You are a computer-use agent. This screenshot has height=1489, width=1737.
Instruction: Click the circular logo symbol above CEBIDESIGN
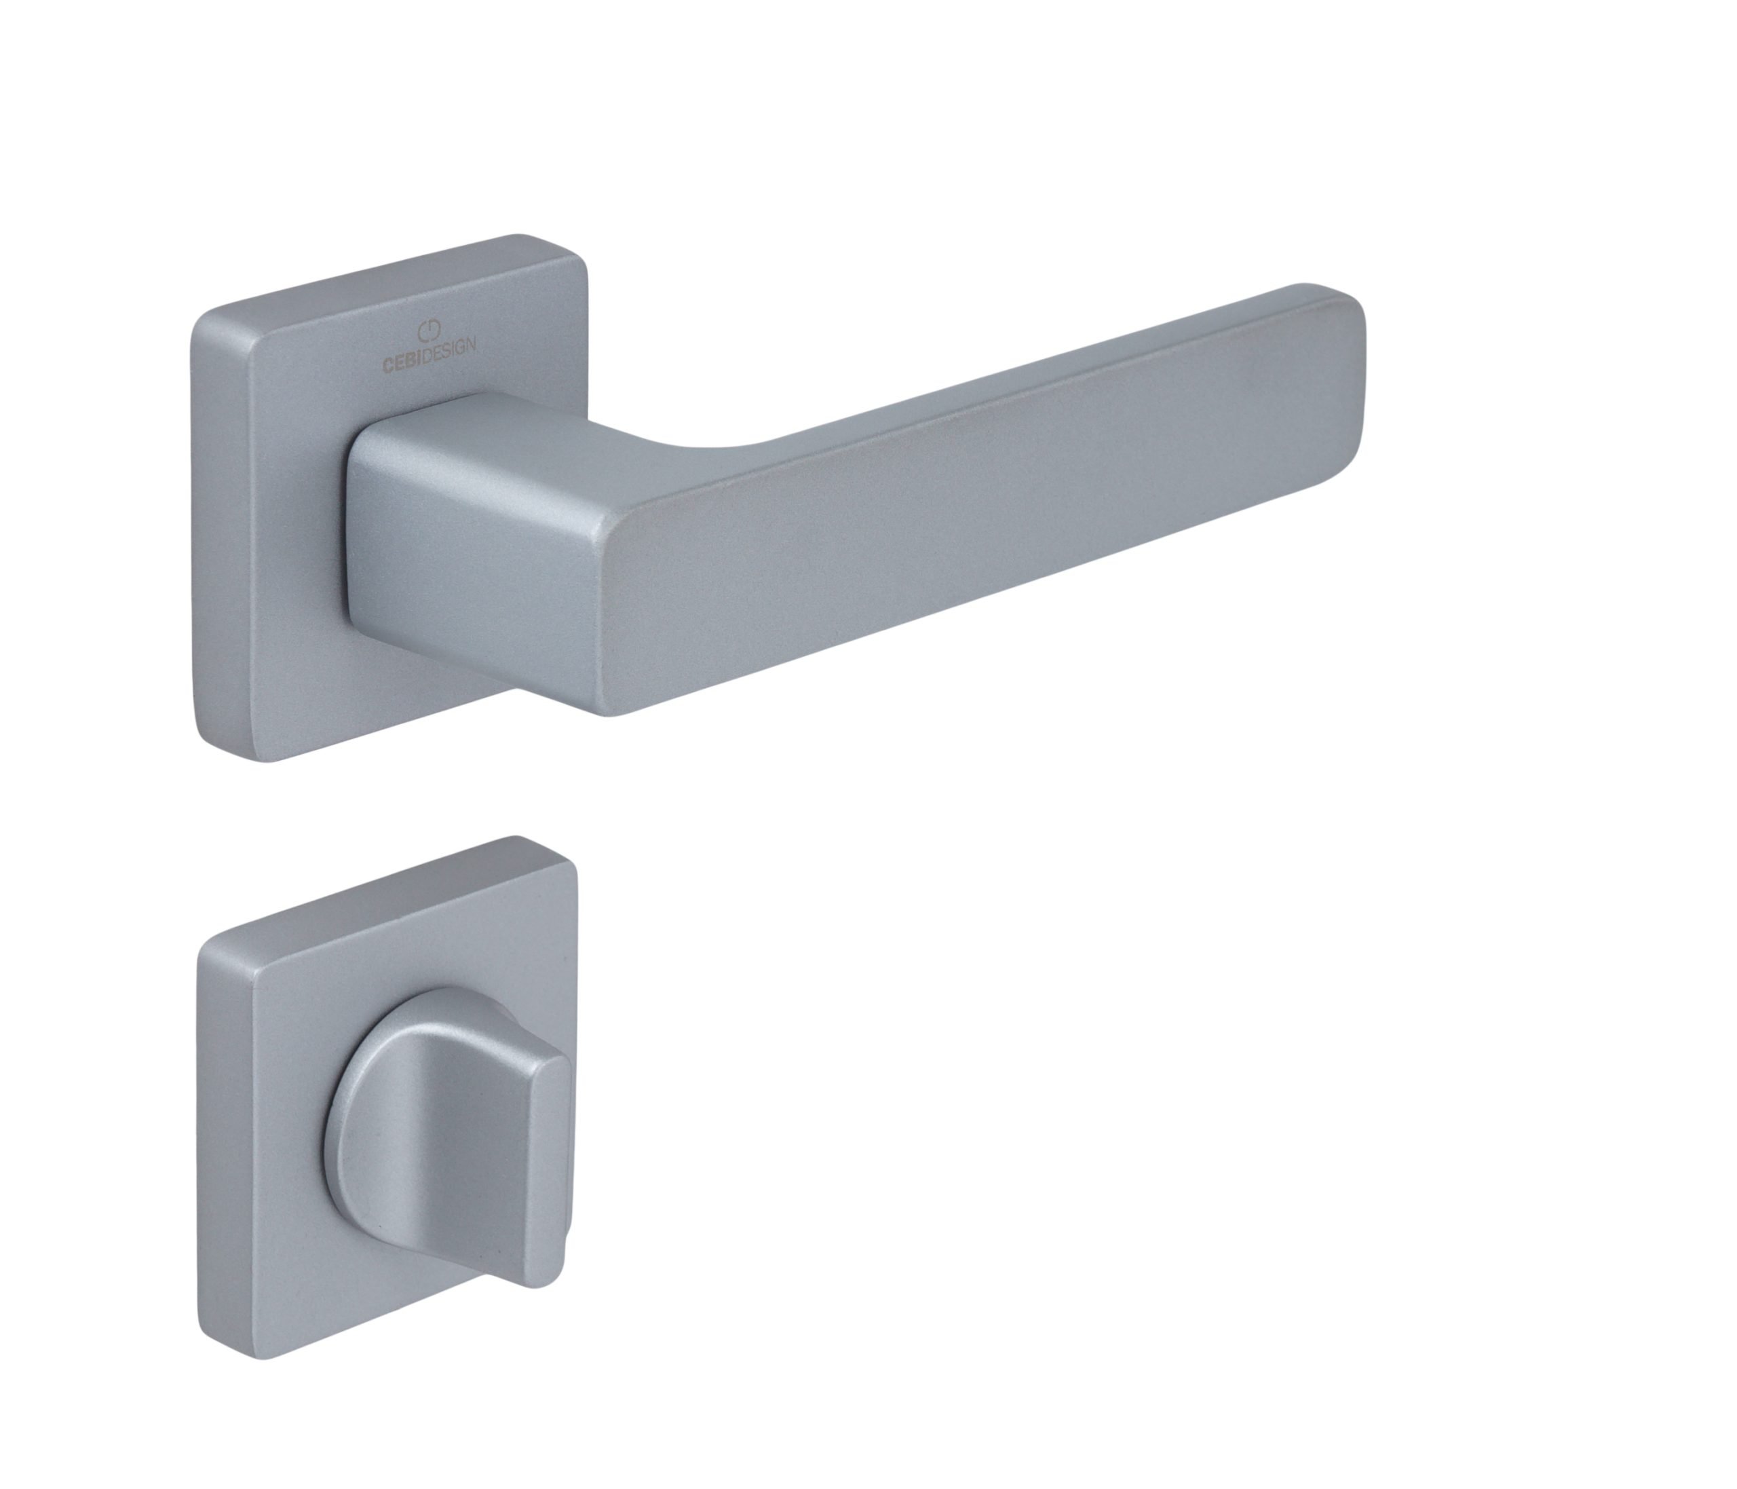428,331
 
